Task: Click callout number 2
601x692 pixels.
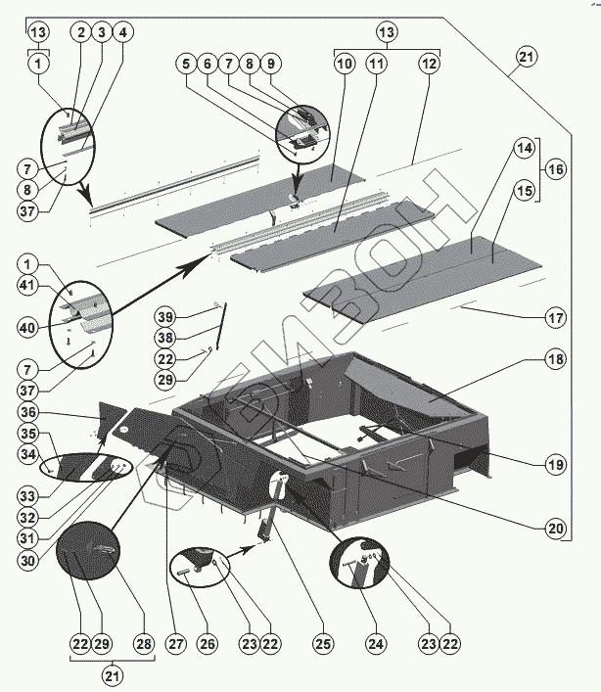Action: point(80,32)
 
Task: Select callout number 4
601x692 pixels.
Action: point(121,32)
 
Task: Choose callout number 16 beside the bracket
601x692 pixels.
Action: point(556,169)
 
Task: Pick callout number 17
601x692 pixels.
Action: point(556,317)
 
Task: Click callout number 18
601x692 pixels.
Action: point(556,360)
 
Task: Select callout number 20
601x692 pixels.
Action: point(556,528)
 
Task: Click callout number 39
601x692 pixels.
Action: point(165,316)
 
